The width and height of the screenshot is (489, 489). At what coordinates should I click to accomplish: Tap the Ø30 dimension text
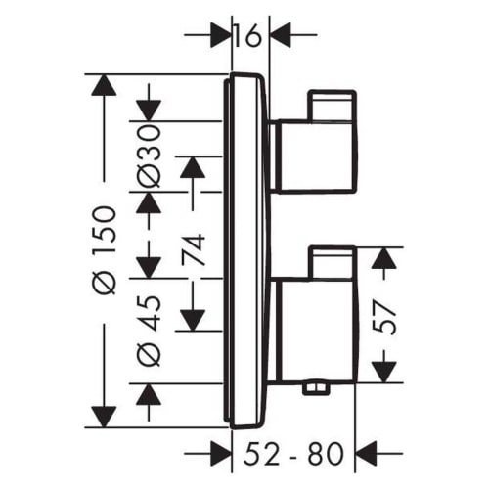[149, 156]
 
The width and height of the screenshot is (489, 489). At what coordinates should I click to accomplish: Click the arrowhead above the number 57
[387, 258]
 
